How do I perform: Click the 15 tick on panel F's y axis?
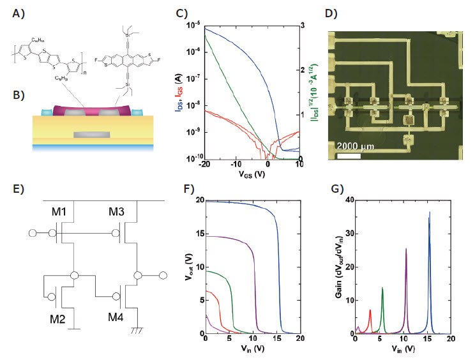coord(197,234)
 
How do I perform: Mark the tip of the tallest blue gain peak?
coord(430,212)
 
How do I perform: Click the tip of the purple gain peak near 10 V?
coord(406,249)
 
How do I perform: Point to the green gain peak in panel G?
coord(382,288)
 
